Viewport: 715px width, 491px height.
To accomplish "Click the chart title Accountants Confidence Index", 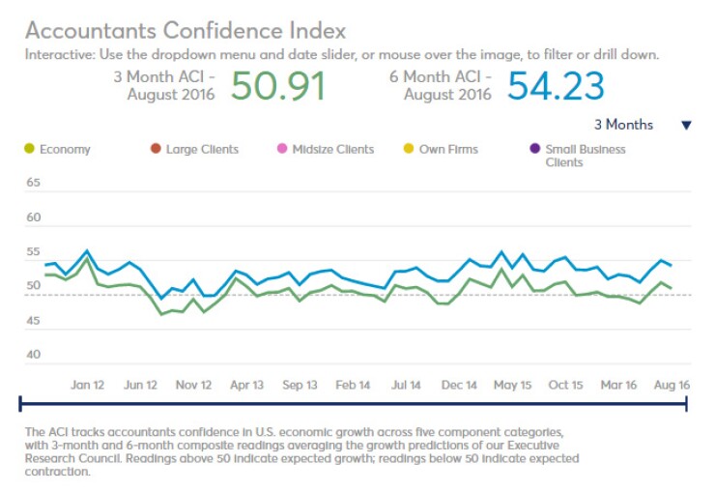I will coord(185,31).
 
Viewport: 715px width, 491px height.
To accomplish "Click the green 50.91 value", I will coord(278,87).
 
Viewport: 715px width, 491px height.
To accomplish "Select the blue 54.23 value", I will coord(556,87).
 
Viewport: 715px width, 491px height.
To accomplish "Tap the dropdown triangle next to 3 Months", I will coord(686,125).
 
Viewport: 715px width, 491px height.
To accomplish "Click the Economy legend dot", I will coord(28,149).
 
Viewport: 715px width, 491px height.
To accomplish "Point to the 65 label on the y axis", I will coord(33,183).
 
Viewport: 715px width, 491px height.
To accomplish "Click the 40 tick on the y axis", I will coord(33,355).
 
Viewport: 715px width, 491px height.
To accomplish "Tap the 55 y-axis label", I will coord(33,251).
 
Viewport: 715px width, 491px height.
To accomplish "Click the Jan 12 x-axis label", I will coord(87,385).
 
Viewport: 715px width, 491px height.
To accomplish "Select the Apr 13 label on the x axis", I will coord(246,385).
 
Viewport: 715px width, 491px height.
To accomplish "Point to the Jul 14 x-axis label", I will coord(407,385).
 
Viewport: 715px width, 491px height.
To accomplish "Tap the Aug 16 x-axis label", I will coord(672,385).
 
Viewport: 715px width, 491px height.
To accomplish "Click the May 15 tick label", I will coord(512,385).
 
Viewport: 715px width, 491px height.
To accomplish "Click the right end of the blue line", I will coord(672,265).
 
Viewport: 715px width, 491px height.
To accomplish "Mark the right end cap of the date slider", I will coord(687,403).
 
